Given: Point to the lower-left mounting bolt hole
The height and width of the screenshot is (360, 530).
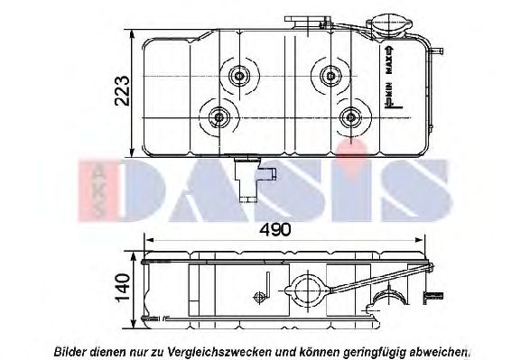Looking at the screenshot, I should click(x=218, y=116).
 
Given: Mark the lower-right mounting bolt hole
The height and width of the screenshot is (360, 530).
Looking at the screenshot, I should click(x=350, y=116).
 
